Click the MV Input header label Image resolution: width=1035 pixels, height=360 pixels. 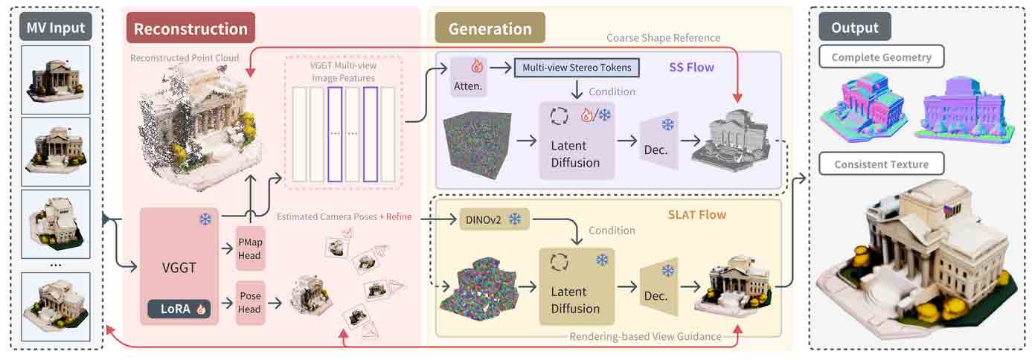[56, 29]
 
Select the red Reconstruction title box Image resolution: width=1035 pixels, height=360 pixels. [190, 29]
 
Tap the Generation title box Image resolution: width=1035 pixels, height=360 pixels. [490, 29]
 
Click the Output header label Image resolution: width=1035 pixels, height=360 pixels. [855, 28]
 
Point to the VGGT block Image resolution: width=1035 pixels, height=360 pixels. [179, 266]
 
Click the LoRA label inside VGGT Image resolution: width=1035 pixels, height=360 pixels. [179, 309]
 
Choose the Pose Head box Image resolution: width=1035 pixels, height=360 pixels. [249, 302]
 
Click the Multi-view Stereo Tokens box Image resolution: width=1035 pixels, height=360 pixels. [577, 68]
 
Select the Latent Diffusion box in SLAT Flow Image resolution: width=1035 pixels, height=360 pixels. [577, 286]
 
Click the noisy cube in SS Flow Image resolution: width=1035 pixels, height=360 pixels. [477, 141]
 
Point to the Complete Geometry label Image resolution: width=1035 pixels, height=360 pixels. [881, 57]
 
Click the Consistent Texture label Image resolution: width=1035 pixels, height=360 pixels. [880, 164]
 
